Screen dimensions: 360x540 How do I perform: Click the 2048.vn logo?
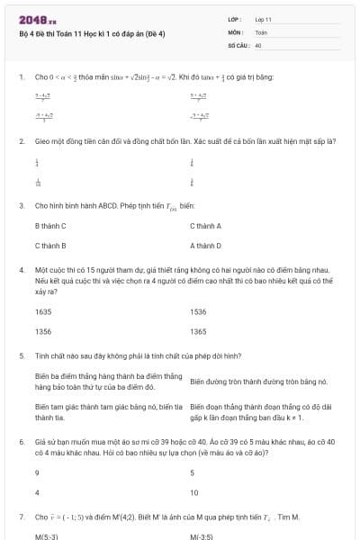pyautogui.click(x=38, y=20)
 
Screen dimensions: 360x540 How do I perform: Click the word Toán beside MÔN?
pyautogui.click(x=261, y=31)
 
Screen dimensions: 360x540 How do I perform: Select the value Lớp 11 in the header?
pyautogui.click(x=263, y=19)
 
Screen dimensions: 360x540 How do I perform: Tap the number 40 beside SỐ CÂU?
pyautogui.click(x=258, y=44)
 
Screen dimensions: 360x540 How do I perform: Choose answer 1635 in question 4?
pyautogui.click(x=43, y=312)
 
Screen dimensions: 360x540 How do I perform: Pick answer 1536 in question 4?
pyautogui.click(x=198, y=312)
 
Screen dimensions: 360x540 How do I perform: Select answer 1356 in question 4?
pyautogui.click(x=43, y=331)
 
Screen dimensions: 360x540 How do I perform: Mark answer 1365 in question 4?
pyautogui.click(x=198, y=331)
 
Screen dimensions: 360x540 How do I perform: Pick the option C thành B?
pyautogui.click(x=50, y=245)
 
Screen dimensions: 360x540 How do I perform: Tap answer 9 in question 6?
pyautogui.click(x=37, y=472)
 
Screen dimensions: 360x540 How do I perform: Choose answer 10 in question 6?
pyautogui.click(x=194, y=492)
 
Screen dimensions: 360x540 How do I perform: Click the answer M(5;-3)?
pyautogui.click(x=47, y=536)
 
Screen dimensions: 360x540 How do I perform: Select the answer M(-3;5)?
pyautogui.click(x=201, y=536)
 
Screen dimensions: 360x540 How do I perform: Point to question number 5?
pyautogui.click(x=21, y=355)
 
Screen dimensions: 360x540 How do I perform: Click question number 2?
pyautogui.click(x=21, y=141)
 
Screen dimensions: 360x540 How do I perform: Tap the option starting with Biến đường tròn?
pyautogui.click(x=256, y=382)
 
